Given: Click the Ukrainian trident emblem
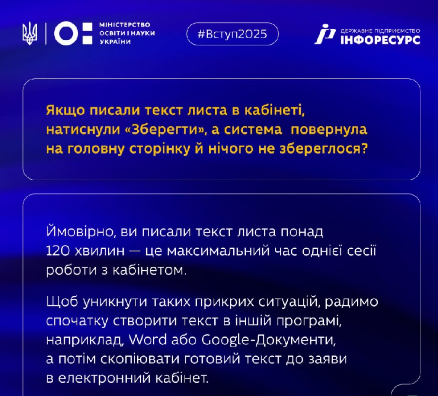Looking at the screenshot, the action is pos(30,33).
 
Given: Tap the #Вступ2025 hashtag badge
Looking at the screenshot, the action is pos(232,34).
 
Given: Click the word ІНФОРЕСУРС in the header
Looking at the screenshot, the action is pos(380,40).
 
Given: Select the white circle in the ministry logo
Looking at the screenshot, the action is pos(66,33).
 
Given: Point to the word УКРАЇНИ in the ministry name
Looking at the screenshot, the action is pos(115,42).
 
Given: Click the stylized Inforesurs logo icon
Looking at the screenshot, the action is pos(325,34).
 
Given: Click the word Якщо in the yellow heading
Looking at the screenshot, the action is pos(65,110).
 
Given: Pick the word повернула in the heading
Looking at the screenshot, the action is pos(329,130).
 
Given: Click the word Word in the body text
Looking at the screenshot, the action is pos(148,340).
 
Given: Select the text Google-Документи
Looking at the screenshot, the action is pos(269,340).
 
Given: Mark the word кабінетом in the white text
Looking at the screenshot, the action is pos(149,270).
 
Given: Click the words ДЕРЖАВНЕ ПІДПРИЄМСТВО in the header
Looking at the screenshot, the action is pos(380,31).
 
